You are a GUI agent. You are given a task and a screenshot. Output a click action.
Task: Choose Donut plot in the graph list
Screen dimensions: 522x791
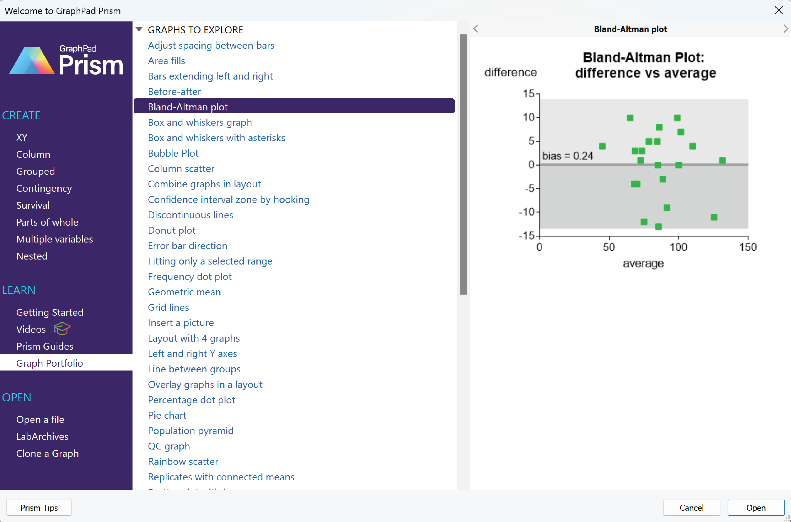[172, 230]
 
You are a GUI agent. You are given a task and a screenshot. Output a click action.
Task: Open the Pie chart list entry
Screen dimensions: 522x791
[167, 415]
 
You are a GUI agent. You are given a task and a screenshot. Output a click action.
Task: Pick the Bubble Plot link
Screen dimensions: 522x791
[173, 153]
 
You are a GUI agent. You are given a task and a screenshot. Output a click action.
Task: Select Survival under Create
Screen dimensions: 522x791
[33, 205]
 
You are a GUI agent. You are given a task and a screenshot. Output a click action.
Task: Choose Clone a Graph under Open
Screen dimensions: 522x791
[47, 453]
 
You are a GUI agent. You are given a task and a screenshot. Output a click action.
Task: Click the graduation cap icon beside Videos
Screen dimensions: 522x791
[62, 329]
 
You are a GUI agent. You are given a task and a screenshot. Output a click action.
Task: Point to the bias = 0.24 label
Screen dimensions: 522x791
[568, 156]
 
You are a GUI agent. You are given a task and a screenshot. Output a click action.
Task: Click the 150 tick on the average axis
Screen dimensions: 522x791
[748, 247]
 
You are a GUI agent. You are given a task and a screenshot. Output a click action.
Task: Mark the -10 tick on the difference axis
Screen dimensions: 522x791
[527, 212]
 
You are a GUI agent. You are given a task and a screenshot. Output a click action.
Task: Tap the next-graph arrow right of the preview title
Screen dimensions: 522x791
[785, 29]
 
